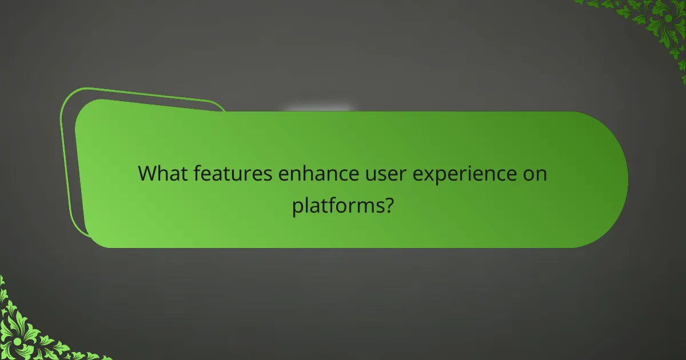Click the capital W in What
pos(148,173)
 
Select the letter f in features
pos(197,173)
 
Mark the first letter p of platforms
pos(297,207)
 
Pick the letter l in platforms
pos(308,204)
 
